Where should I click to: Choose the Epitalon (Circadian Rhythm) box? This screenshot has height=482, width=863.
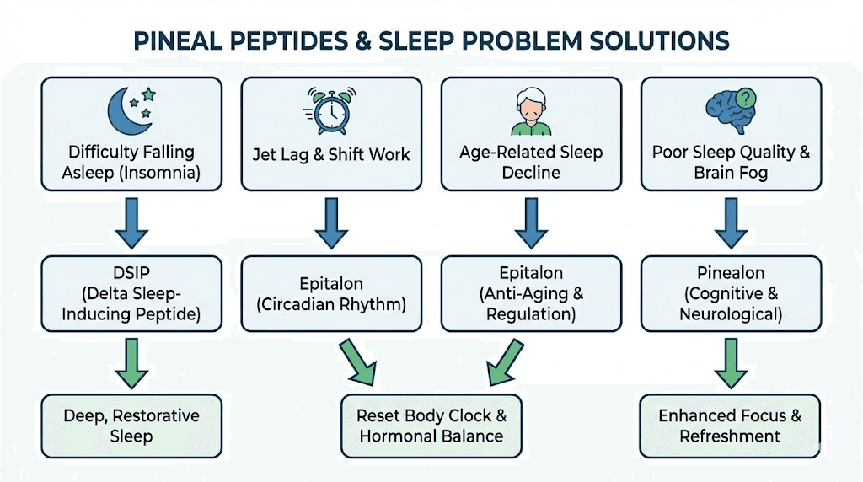pos(331,292)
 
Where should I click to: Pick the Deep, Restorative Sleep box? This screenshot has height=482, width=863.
pos(131,426)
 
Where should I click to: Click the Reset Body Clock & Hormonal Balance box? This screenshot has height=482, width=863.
pos(431,426)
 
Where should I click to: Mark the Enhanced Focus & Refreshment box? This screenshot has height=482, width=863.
pos(731,426)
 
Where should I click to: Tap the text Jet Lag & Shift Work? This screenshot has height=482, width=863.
pos(331,154)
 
